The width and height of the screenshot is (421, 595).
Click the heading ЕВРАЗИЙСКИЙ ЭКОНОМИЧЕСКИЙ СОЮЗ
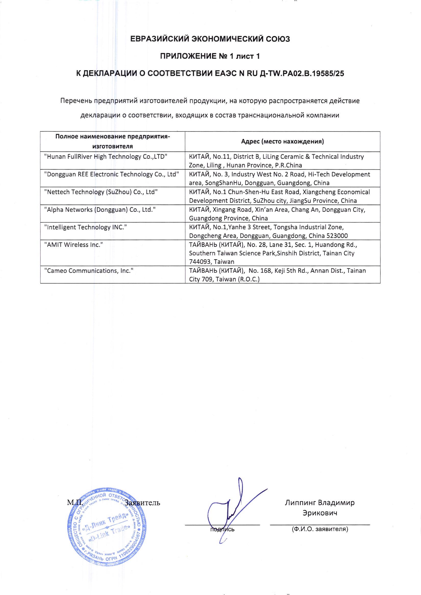210,39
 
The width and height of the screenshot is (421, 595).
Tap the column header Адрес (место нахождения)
282,141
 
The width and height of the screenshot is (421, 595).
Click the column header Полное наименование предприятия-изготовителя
113,141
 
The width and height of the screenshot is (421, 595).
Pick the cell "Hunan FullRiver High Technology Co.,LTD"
106,157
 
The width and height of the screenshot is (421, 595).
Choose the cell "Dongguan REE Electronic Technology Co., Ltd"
112,174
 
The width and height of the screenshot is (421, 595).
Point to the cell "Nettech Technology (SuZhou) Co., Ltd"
101,192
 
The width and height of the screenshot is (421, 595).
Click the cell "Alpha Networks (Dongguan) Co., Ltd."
100,210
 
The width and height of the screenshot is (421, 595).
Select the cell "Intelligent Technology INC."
85,227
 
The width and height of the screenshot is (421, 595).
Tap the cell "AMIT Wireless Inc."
74,245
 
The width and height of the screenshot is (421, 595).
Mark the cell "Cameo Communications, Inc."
89,271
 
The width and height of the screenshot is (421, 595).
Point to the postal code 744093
199,262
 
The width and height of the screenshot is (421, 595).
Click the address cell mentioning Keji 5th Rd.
282,275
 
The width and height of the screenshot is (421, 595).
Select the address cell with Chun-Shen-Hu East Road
282,196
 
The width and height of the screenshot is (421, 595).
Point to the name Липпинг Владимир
320,503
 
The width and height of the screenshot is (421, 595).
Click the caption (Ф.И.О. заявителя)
320,529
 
